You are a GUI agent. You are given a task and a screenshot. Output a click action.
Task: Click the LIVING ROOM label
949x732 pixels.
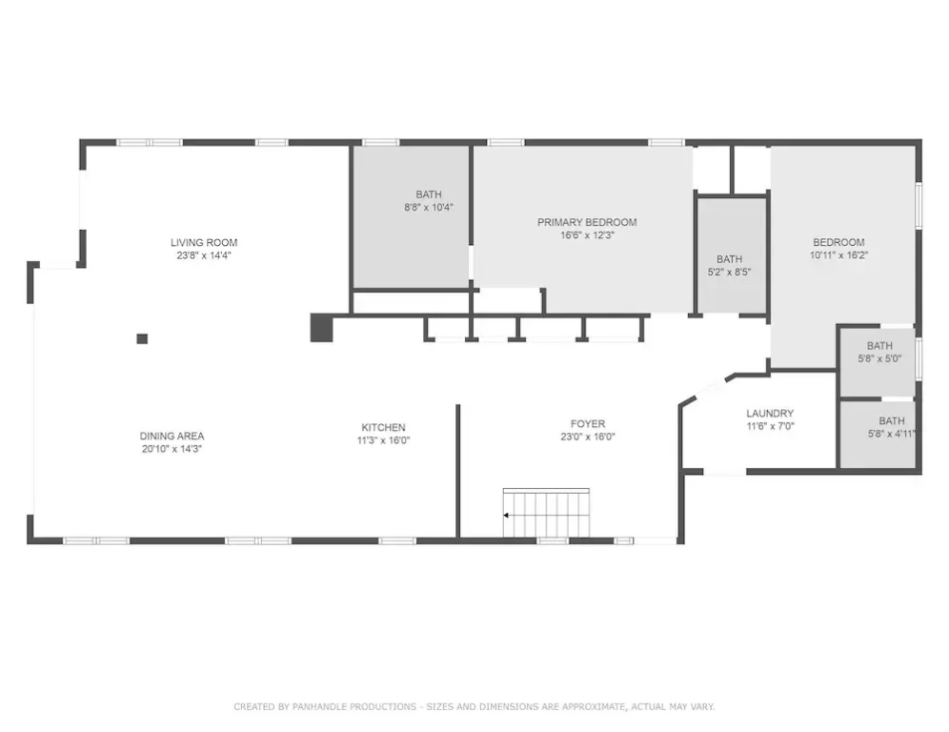coord(204,243)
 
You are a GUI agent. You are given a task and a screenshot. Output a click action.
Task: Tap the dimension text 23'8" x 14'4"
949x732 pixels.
coord(204,255)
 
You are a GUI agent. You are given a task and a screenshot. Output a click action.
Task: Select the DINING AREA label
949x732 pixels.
coord(172,436)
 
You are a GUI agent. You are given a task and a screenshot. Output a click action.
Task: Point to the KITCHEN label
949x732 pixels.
coord(383,427)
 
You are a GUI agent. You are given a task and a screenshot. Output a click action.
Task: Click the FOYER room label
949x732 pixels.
coord(588,424)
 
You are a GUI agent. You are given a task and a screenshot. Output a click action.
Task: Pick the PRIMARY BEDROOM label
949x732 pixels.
coord(587,222)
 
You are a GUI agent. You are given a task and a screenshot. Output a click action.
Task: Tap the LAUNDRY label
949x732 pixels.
coord(770,414)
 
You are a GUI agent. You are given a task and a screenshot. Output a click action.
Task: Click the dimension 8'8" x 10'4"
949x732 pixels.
coord(429,207)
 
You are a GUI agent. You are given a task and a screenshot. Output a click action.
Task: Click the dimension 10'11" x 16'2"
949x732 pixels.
coord(838,255)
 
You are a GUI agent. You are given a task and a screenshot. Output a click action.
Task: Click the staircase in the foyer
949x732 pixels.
coord(546,513)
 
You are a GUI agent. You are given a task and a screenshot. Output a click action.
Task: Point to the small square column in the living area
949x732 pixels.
coord(142,339)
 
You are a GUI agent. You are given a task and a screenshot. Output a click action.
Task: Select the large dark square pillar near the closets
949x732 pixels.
coord(321,328)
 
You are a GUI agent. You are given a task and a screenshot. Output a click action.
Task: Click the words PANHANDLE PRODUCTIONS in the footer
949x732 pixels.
coord(354,706)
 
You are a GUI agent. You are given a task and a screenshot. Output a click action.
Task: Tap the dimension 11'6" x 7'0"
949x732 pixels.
coord(770,426)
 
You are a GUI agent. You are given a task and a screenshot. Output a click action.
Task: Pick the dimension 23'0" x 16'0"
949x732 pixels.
coord(588,437)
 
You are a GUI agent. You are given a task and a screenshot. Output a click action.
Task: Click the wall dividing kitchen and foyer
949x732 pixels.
coord(458,471)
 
